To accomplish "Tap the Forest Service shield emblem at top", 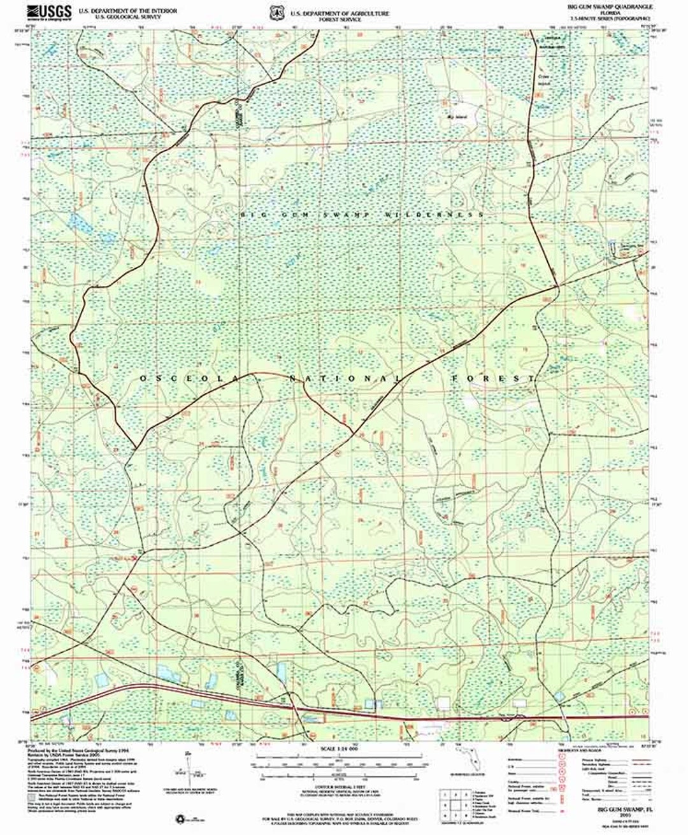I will tap(276, 12).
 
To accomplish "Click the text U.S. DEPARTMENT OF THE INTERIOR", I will tap(127, 11).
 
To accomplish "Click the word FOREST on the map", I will tap(493, 379).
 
